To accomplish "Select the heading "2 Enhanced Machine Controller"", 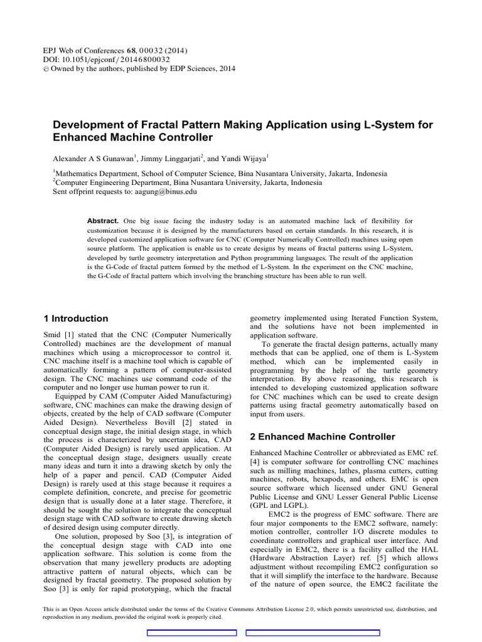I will tap(323, 436).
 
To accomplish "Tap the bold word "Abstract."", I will tap(103, 221).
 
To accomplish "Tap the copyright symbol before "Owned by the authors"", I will tap(56, 69).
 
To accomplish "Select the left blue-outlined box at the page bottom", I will tap(191, 633).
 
